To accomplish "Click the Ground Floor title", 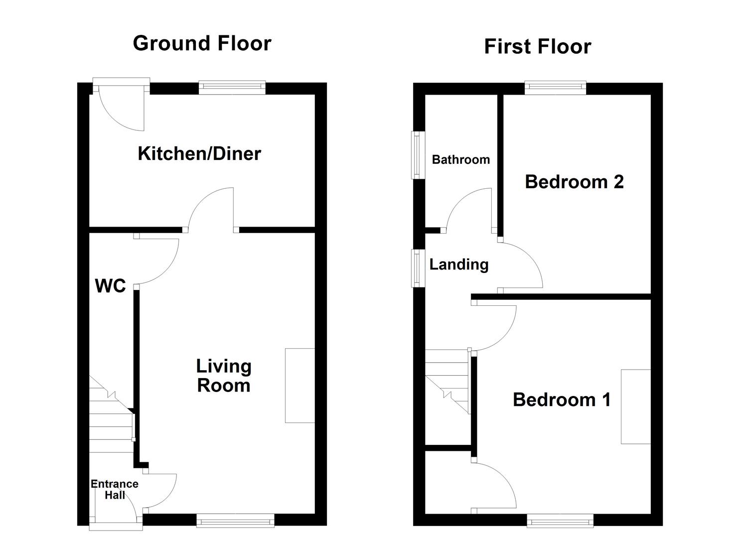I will point(202,43).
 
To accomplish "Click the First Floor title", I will point(537,47).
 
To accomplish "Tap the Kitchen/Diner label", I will point(199,153).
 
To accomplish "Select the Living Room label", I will point(223,376).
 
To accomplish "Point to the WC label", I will point(110,286).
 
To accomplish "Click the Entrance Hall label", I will point(115,489).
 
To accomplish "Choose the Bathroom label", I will point(460,160).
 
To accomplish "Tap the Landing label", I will point(458,265).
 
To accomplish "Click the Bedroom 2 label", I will point(574,182).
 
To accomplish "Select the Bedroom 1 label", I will point(562,400).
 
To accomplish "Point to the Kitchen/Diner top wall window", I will point(232,88).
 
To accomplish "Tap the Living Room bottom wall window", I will point(235,521).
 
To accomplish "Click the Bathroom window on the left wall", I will point(418,154).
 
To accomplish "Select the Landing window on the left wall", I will point(418,268).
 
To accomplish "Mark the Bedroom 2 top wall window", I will point(555,88).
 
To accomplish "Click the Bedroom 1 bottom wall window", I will point(560,521).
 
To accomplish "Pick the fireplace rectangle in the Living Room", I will point(299,386).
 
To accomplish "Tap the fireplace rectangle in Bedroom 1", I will point(635,406).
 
